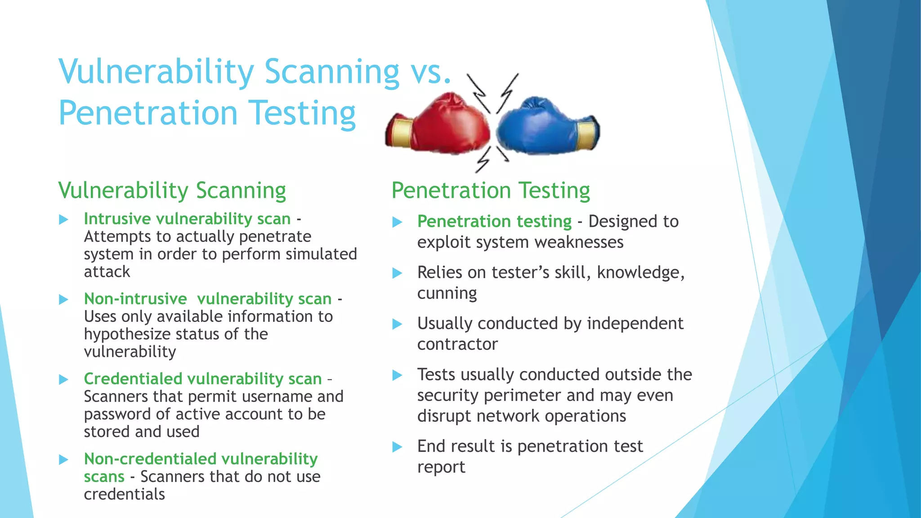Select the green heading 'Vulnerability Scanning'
(x=172, y=190)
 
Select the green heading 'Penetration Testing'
(x=491, y=190)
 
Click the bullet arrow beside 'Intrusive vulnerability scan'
(x=64, y=219)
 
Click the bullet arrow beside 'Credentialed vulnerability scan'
(x=64, y=380)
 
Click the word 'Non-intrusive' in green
(x=135, y=299)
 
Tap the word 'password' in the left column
(x=117, y=414)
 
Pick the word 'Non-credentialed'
(x=150, y=459)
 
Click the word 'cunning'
(x=447, y=294)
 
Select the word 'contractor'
(x=457, y=344)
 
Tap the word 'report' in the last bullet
(x=441, y=468)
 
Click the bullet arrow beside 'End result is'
(x=397, y=447)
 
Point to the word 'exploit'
(x=443, y=242)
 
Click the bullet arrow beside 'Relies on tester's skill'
(x=397, y=273)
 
